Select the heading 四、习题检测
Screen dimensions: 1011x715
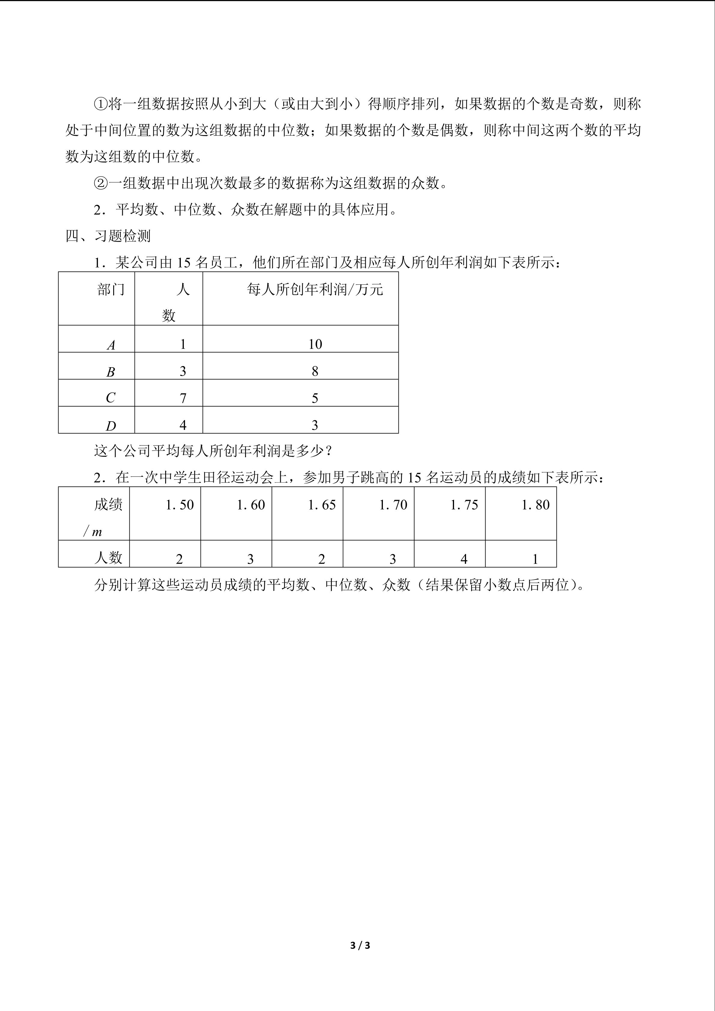coord(108,236)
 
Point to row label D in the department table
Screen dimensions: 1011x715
coord(111,426)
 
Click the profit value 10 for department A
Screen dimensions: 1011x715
coord(315,344)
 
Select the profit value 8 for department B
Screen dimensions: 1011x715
coord(315,371)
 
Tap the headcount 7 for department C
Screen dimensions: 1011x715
coord(183,398)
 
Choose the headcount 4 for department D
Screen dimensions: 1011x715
coord(183,425)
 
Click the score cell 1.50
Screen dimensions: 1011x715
coord(180,505)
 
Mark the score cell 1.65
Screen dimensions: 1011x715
coord(322,505)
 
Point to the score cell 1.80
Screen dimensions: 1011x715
coord(535,505)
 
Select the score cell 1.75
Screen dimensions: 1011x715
coord(464,505)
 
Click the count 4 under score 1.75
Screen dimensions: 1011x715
coord(464,559)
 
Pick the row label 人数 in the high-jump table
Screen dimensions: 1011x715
coord(108,558)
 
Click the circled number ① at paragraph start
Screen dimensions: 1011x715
coord(101,104)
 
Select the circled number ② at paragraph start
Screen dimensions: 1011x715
coord(101,183)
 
